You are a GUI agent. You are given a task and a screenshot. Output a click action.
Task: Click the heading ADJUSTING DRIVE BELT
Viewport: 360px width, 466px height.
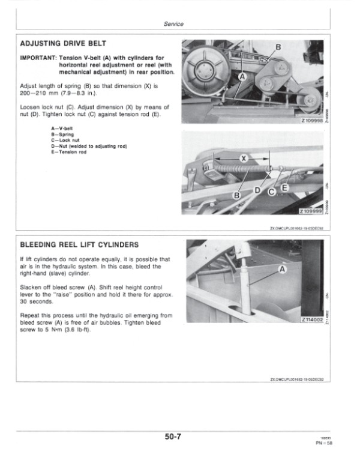click(64, 44)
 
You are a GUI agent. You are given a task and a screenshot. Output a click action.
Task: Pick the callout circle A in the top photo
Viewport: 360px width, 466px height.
click(243, 77)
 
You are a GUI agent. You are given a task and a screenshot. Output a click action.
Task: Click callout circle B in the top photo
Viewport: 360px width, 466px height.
click(278, 47)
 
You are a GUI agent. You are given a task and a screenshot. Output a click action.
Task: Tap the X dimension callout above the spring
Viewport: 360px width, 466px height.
click(244, 158)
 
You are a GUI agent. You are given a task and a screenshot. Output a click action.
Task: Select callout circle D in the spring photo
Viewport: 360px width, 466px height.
click(258, 190)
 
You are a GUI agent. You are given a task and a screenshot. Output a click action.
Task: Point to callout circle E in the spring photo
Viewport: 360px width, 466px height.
click(285, 189)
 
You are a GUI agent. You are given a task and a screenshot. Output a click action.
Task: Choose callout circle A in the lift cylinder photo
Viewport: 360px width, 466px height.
click(281, 271)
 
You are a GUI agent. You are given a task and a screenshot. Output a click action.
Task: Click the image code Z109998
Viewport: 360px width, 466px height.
click(316, 120)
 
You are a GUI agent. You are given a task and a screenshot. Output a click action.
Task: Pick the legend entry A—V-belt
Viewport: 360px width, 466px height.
click(64, 128)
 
